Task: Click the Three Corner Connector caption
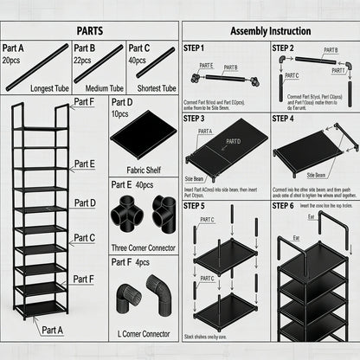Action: pyautogui.click(x=144, y=247)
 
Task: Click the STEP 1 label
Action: pyautogui.click(x=196, y=48)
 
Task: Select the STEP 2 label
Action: pyautogui.click(x=284, y=48)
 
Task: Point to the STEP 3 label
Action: pyautogui.click(x=196, y=119)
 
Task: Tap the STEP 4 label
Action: pyautogui.click(x=284, y=119)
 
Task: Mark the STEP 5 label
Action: pyautogui.click(x=196, y=206)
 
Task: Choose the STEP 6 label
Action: pyautogui.click(x=284, y=206)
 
